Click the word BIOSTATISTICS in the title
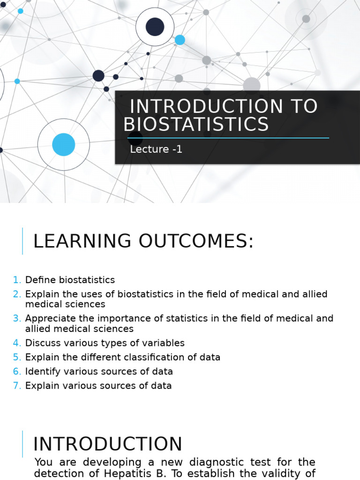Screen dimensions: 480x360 point(196,125)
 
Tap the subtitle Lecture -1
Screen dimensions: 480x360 point(156,150)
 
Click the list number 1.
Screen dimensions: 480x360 point(17,280)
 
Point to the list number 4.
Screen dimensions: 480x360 point(17,343)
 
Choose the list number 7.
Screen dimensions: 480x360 point(17,386)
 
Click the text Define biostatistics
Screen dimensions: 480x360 point(70,280)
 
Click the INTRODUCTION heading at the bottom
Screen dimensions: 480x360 point(108,444)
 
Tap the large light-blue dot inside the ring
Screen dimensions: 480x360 point(63,144)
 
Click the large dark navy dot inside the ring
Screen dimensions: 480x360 point(155,27)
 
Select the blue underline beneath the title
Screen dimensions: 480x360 point(228,138)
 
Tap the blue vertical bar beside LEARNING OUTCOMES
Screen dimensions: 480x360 point(22,241)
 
